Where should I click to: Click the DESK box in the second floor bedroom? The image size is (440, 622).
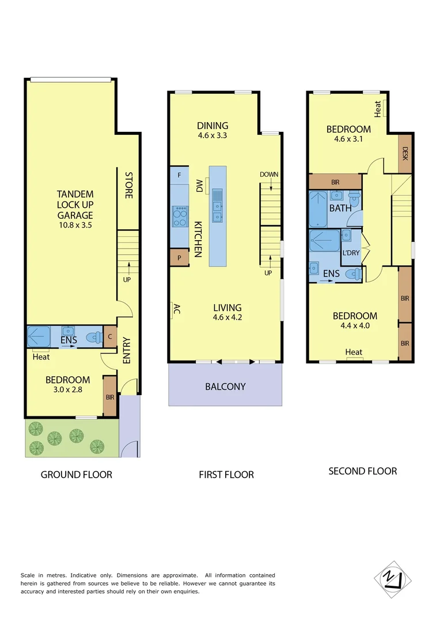pyautogui.click(x=405, y=153)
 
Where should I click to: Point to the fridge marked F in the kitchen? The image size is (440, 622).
pyautogui.click(x=179, y=175)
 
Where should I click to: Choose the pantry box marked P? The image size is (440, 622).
pyautogui.click(x=179, y=257)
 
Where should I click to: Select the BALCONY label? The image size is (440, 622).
pyautogui.click(x=225, y=386)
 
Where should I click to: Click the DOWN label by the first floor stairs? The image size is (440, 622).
pyautogui.click(x=268, y=174)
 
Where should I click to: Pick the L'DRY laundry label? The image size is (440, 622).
pyautogui.click(x=351, y=253)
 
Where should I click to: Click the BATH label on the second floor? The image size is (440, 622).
pyautogui.click(x=340, y=208)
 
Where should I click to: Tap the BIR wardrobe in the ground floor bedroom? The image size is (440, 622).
pyautogui.click(x=109, y=397)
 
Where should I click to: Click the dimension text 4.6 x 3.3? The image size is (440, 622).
pyautogui.click(x=213, y=136)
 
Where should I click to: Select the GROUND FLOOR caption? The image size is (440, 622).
pyautogui.click(x=76, y=475)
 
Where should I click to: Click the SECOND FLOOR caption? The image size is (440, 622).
pyautogui.click(x=362, y=471)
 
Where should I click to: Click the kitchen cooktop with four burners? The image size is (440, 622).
pyautogui.click(x=180, y=216)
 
